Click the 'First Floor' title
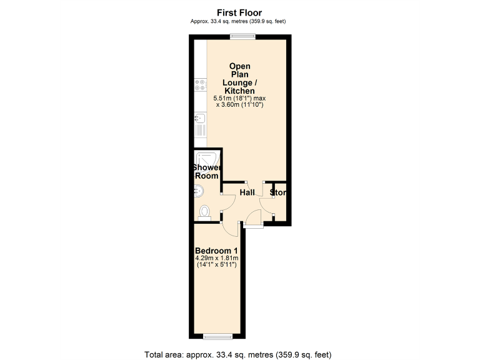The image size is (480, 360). [239, 12]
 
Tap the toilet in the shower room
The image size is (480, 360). [204, 212]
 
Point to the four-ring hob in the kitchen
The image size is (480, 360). [200, 87]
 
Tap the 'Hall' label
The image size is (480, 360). [247, 193]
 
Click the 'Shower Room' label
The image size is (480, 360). [206, 172]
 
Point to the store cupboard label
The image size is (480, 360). [278, 193]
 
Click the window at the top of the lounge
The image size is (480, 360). [242, 36]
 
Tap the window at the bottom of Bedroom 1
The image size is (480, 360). [217, 336]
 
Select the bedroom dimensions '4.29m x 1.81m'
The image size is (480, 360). [217, 258]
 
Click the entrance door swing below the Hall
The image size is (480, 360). [254, 218]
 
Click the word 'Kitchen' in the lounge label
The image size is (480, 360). [239, 91]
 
